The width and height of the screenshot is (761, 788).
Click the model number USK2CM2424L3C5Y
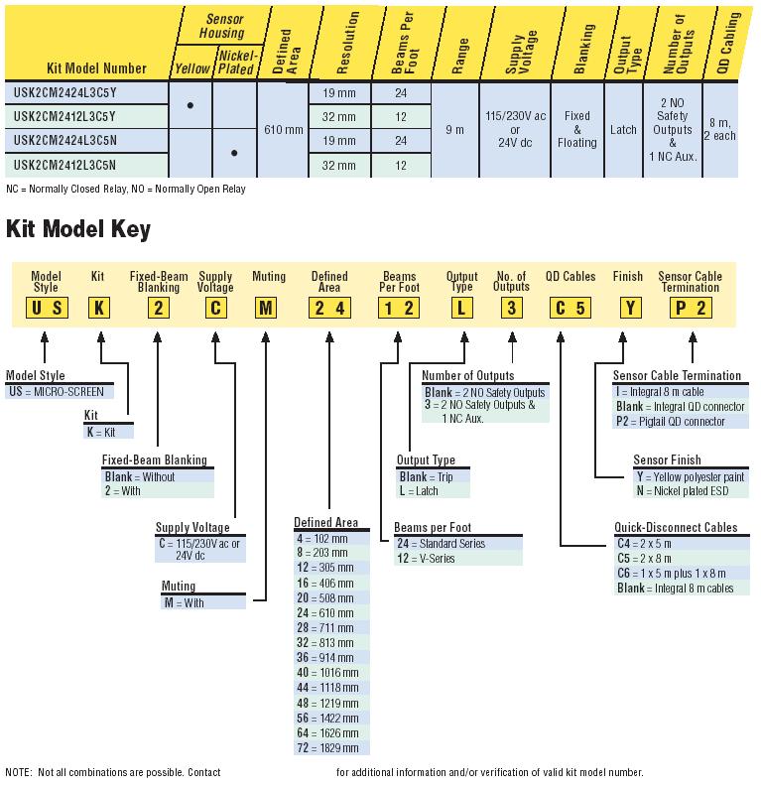click(64, 93)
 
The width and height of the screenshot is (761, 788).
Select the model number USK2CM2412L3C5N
click(64, 165)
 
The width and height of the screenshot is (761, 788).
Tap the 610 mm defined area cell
click(284, 130)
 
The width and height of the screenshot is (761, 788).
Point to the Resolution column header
click(347, 43)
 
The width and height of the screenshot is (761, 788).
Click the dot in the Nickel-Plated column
click(234, 153)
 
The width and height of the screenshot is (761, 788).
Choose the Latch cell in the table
click(623, 130)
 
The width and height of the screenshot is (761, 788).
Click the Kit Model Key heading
click(77, 229)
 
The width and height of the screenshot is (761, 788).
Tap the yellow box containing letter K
click(99, 308)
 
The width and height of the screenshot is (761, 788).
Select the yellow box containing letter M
click(266, 308)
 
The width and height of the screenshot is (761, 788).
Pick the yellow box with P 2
click(691, 308)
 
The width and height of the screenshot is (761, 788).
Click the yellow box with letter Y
click(630, 308)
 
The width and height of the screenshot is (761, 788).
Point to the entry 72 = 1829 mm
click(327, 747)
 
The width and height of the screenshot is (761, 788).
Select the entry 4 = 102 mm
click(322, 539)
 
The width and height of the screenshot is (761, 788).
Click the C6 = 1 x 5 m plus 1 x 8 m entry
click(671, 574)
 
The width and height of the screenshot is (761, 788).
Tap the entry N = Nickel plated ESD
click(683, 491)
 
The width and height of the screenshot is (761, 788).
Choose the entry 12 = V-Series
click(426, 559)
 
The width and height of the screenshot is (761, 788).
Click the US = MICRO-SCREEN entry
click(57, 391)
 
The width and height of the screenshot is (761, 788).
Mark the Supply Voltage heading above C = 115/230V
click(192, 527)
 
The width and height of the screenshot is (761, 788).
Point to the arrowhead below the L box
click(464, 337)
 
